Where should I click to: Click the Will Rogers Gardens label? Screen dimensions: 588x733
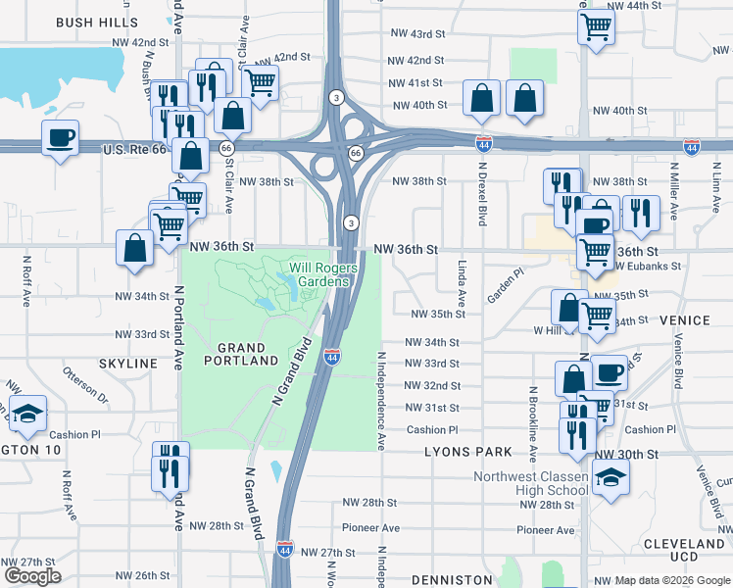[x=318, y=274]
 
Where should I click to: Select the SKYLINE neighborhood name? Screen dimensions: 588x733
[x=128, y=364]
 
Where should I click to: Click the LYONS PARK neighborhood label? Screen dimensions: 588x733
[x=468, y=452]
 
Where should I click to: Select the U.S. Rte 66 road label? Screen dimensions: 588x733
[x=143, y=150]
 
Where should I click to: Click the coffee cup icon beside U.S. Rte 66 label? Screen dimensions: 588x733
[x=61, y=137]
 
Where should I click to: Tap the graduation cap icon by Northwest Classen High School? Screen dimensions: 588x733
[x=611, y=479]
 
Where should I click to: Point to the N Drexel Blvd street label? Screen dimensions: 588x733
[x=481, y=194]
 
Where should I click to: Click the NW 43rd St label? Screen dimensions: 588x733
[x=415, y=35]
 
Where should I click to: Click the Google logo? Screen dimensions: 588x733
[x=32, y=576]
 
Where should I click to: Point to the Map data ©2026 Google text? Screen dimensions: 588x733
[x=672, y=580]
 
